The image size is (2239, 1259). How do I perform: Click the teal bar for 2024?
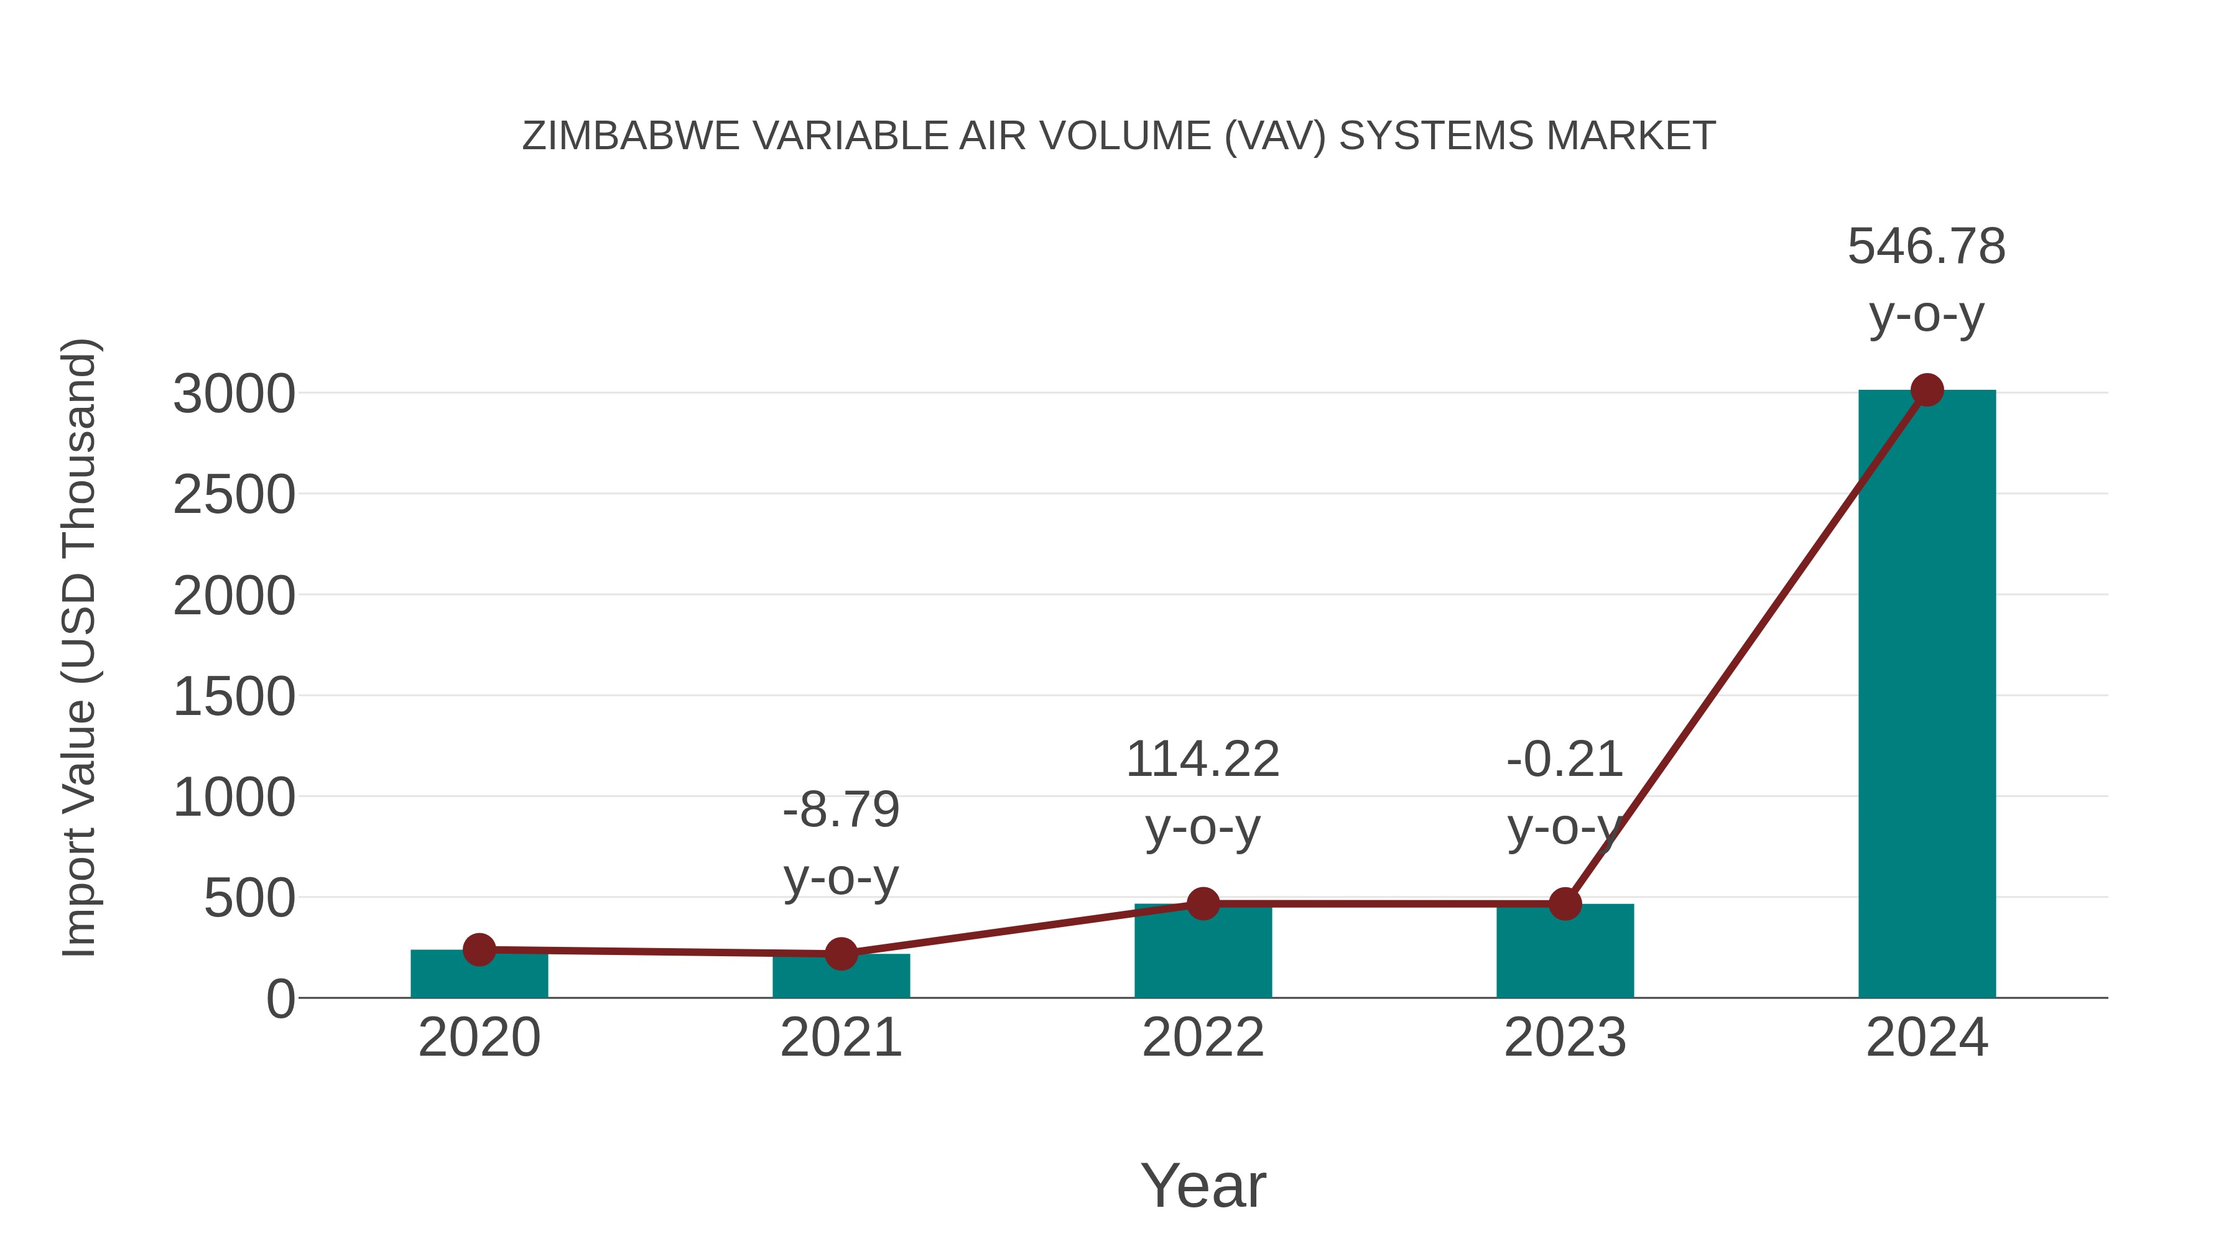point(1926,695)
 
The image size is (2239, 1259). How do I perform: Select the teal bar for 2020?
point(479,974)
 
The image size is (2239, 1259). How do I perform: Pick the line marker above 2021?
point(840,953)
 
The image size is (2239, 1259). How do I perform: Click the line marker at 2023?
point(1565,903)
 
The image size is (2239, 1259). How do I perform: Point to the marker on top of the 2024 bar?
point(1927,390)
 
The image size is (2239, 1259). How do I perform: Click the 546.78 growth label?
point(1926,247)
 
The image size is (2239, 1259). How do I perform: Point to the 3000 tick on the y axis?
point(234,394)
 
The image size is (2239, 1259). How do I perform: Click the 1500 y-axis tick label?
point(234,697)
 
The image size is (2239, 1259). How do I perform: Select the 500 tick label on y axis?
point(249,898)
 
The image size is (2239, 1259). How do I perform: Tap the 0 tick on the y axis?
point(280,999)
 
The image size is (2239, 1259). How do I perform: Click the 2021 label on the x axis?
point(840,1038)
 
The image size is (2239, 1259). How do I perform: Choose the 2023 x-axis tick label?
point(1565,1038)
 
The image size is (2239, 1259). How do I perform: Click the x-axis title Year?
point(1203,1185)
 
